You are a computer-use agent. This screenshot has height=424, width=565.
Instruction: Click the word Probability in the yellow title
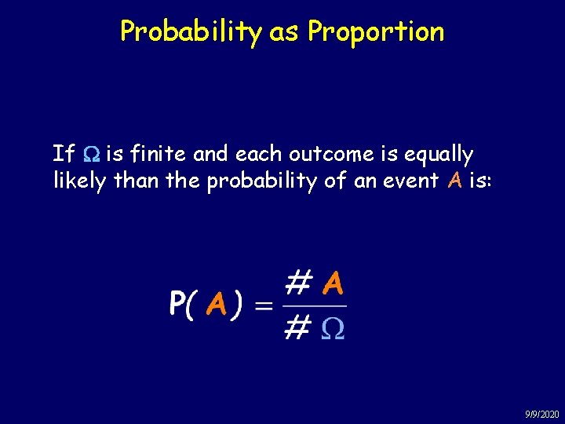[191, 31]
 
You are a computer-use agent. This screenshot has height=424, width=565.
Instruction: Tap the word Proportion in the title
[376, 31]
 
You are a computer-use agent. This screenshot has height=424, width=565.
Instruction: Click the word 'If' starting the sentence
[62, 153]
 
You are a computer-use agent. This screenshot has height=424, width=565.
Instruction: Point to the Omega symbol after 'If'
[89, 154]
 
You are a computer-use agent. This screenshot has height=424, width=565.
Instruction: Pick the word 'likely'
[79, 181]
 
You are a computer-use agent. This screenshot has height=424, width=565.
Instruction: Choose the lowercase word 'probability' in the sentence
[264, 181]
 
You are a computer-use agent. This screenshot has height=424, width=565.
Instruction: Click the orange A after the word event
[454, 181]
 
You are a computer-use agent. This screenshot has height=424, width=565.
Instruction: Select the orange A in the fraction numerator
[333, 282]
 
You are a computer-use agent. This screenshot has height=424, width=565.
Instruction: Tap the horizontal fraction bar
[314, 305]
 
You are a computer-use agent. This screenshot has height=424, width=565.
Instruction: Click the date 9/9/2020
[541, 414]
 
